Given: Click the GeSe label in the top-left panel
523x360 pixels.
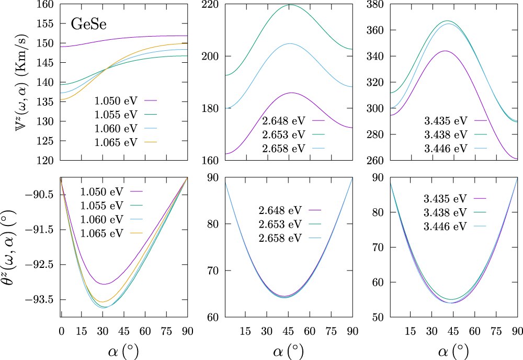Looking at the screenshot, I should click(90, 24).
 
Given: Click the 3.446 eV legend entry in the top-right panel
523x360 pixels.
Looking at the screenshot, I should click(446, 148).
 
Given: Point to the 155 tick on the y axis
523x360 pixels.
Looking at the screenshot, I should click(46, 24).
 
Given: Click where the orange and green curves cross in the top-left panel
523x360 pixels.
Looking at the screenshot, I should click(107, 69).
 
